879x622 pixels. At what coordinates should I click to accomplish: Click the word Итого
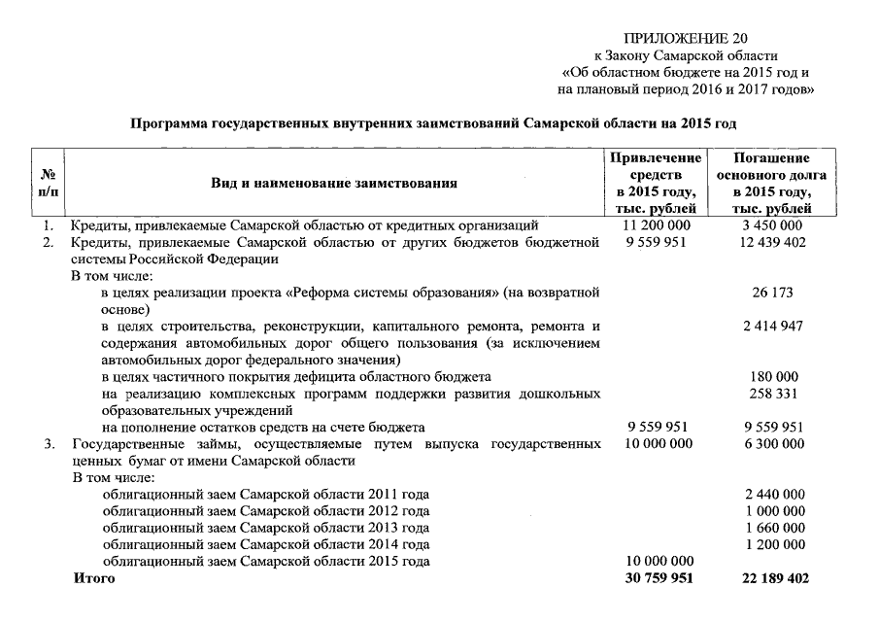[94, 578]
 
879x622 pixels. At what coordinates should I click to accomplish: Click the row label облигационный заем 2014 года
[266, 544]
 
